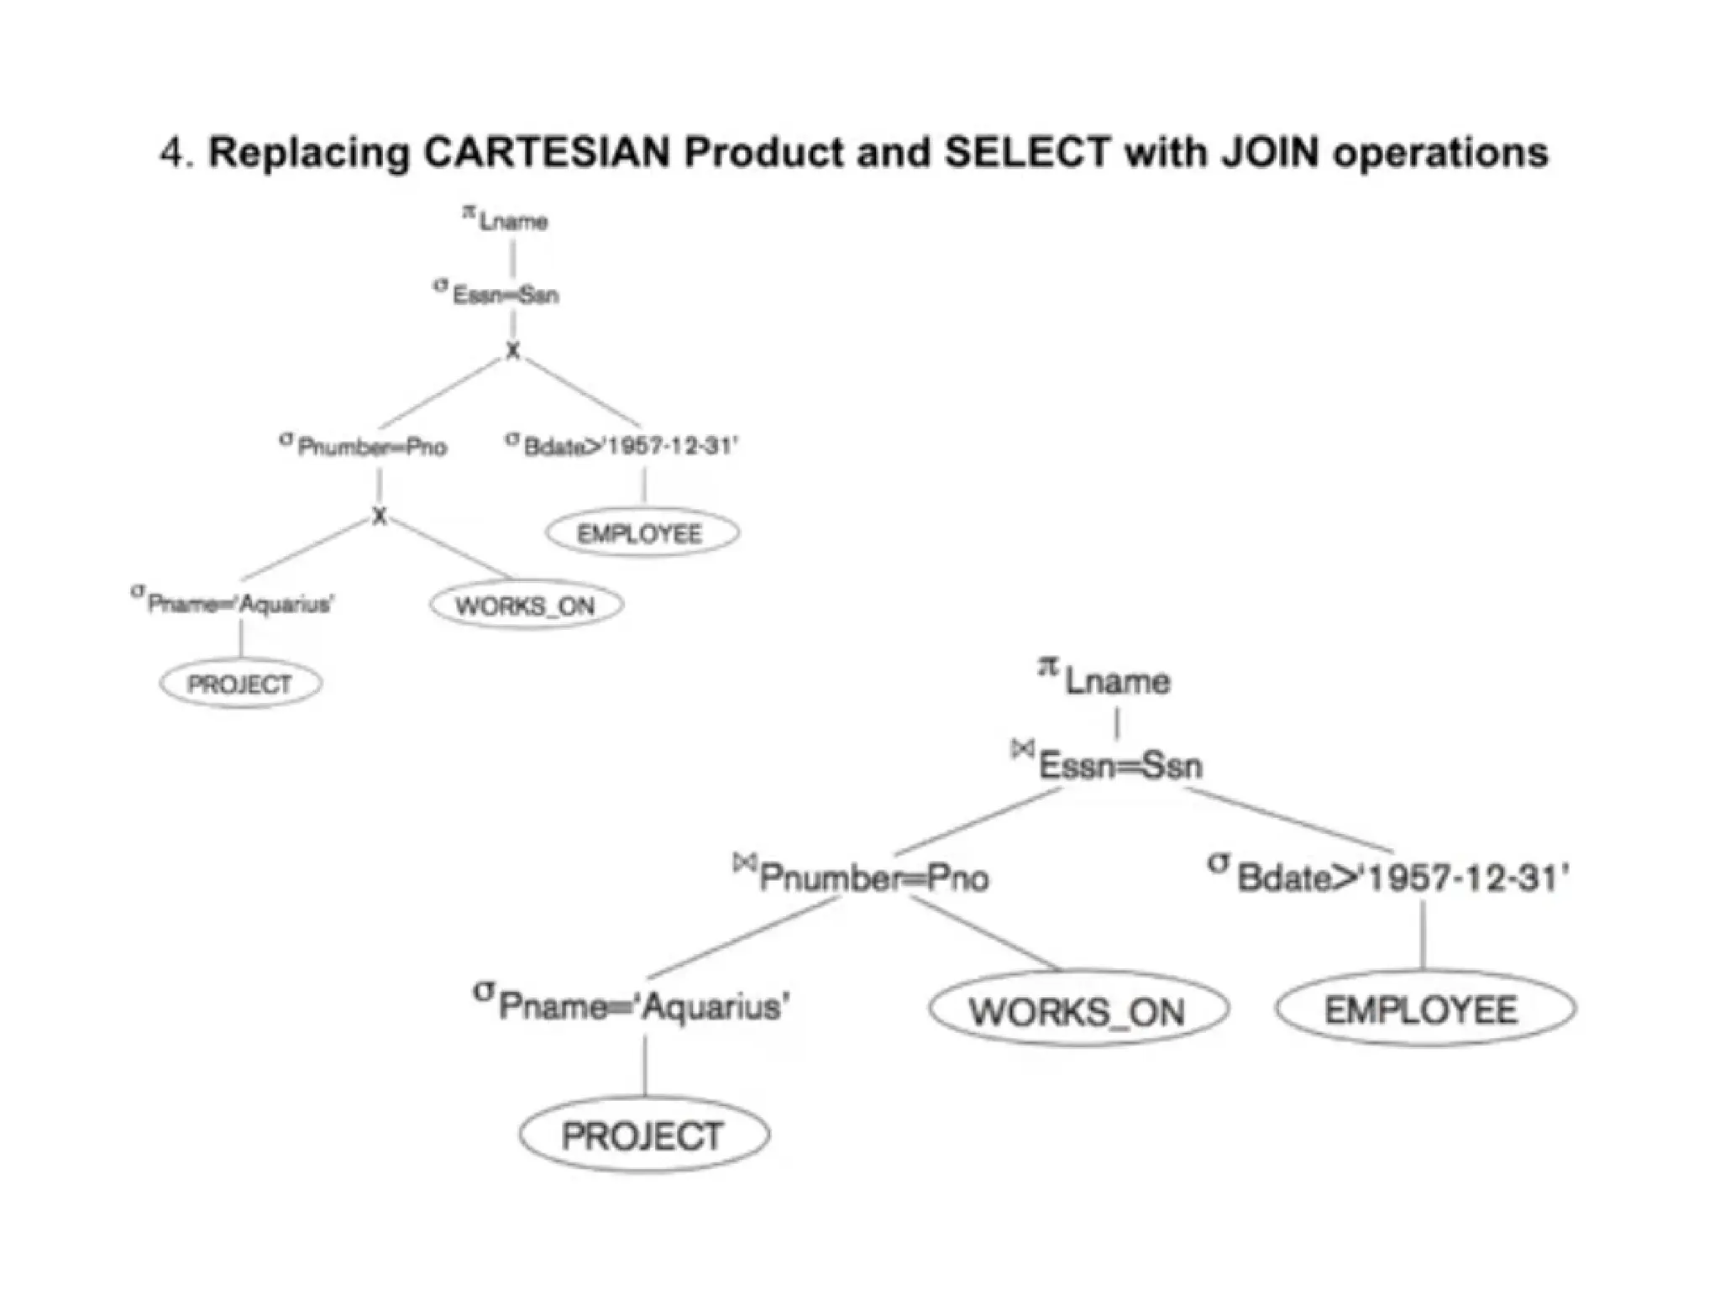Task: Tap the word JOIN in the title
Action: pos(1270,153)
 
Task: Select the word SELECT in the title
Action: pos(1028,153)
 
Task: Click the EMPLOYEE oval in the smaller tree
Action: pos(642,533)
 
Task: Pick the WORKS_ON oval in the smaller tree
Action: pos(526,606)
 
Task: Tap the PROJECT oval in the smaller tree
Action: pos(240,684)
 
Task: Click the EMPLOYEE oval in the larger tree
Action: pos(1424,1009)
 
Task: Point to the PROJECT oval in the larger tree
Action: pos(643,1135)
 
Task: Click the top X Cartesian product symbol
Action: pos(512,351)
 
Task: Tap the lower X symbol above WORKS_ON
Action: pos(380,516)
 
